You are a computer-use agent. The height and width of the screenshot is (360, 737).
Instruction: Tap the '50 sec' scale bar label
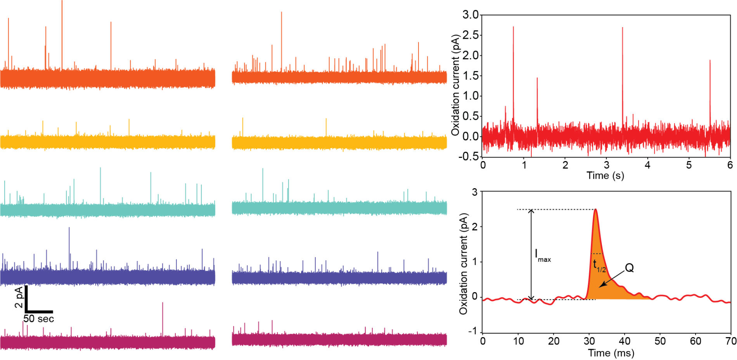[x=38, y=319]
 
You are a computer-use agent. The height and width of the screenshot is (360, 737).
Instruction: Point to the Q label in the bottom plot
[x=629, y=268]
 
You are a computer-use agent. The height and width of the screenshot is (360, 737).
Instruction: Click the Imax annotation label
[x=542, y=256]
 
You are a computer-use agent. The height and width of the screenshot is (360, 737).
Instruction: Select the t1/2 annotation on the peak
[x=599, y=266]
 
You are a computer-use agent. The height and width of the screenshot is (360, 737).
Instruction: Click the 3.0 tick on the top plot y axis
[x=471, y=15]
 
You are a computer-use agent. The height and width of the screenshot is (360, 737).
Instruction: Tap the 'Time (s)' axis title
[x=605, y=176]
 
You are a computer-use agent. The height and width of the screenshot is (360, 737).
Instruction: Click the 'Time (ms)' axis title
[x=611, y=353]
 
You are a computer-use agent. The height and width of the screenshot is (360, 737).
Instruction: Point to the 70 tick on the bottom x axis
[x=731, y=341]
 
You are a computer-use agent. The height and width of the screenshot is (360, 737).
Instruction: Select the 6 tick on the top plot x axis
[x=730, y=165]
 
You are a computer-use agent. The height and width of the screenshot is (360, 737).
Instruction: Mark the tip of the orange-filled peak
[x=595, y=210]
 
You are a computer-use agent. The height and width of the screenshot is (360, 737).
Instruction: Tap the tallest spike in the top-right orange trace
[x=281, y=13]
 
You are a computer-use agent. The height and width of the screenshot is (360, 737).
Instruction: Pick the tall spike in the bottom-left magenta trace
[x=163, y=303]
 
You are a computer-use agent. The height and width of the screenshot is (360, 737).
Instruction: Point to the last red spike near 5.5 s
[x=710, y=61]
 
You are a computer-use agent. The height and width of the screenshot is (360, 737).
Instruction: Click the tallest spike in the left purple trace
[x=69, y=228]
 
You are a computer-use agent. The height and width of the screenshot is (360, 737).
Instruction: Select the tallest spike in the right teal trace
[x=263, y=169]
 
